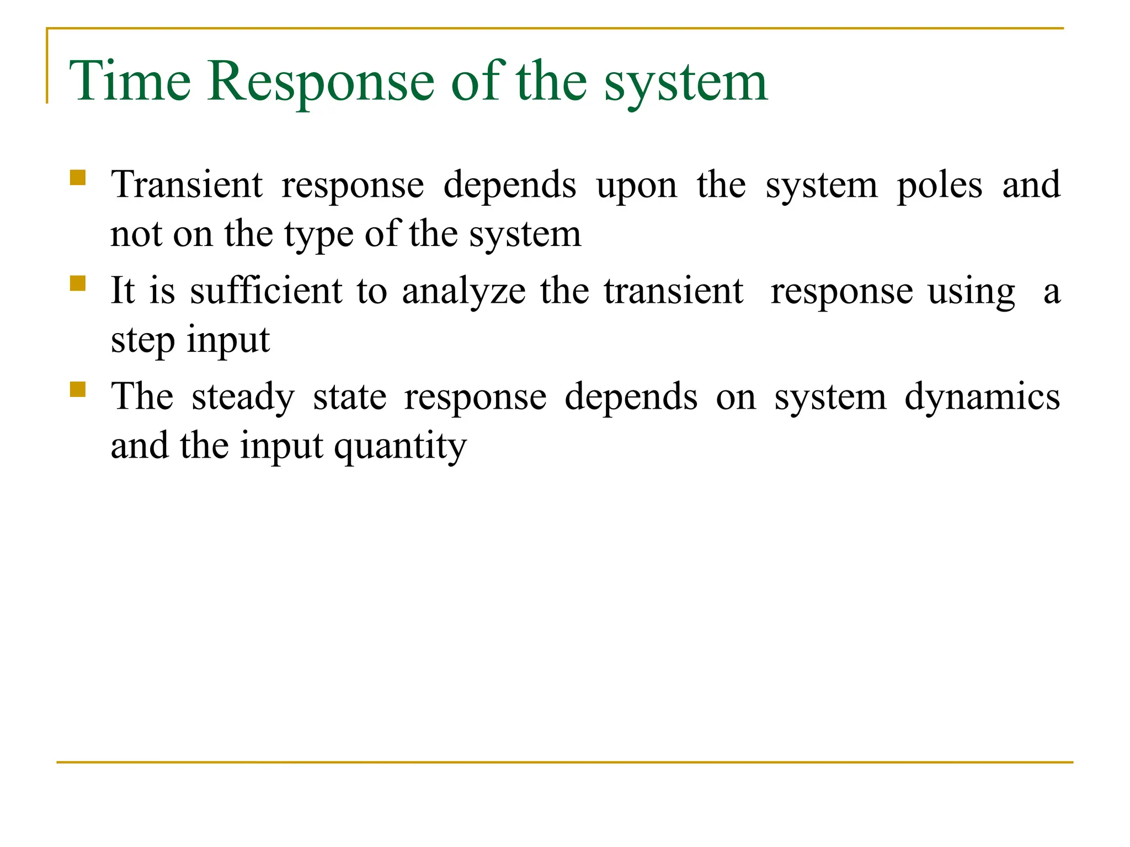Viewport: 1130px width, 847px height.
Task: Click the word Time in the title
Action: coord(130,82)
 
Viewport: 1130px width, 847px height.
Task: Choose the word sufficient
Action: coord(266,291)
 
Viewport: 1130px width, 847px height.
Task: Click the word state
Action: coord(350,397)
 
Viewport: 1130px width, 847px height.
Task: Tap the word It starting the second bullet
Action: coord(122,291)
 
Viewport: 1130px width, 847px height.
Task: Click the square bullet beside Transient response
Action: coord(78,178)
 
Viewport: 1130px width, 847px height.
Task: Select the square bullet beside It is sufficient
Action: coord(78,283)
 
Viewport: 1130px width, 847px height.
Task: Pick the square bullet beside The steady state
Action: coord(78,389)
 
